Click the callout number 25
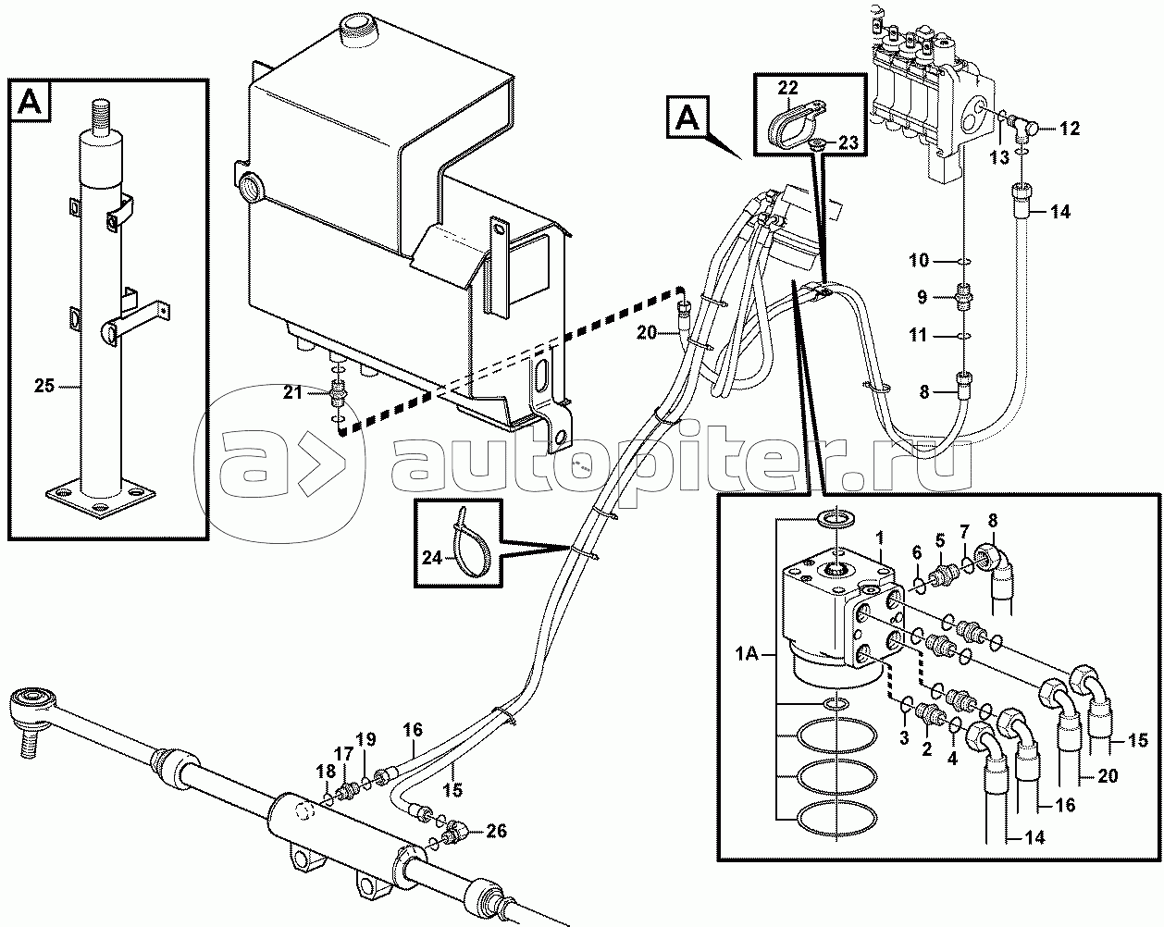(x=44, y=386)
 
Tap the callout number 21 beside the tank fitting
(x=292, y=392)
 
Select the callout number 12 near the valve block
(x=1070, y=129)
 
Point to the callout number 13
(x=999, y=157)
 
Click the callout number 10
(x=919, y=260)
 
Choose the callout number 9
(x=923, y=297)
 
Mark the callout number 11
(x=918, y=335)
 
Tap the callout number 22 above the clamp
(x=788, y=88)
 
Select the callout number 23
(x=848, y=142)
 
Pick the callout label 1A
(x=747, y=655)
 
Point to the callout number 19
(x=365, y=739)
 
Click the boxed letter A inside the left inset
(x=30, y=101)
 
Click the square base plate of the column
(x=101, y=498)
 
